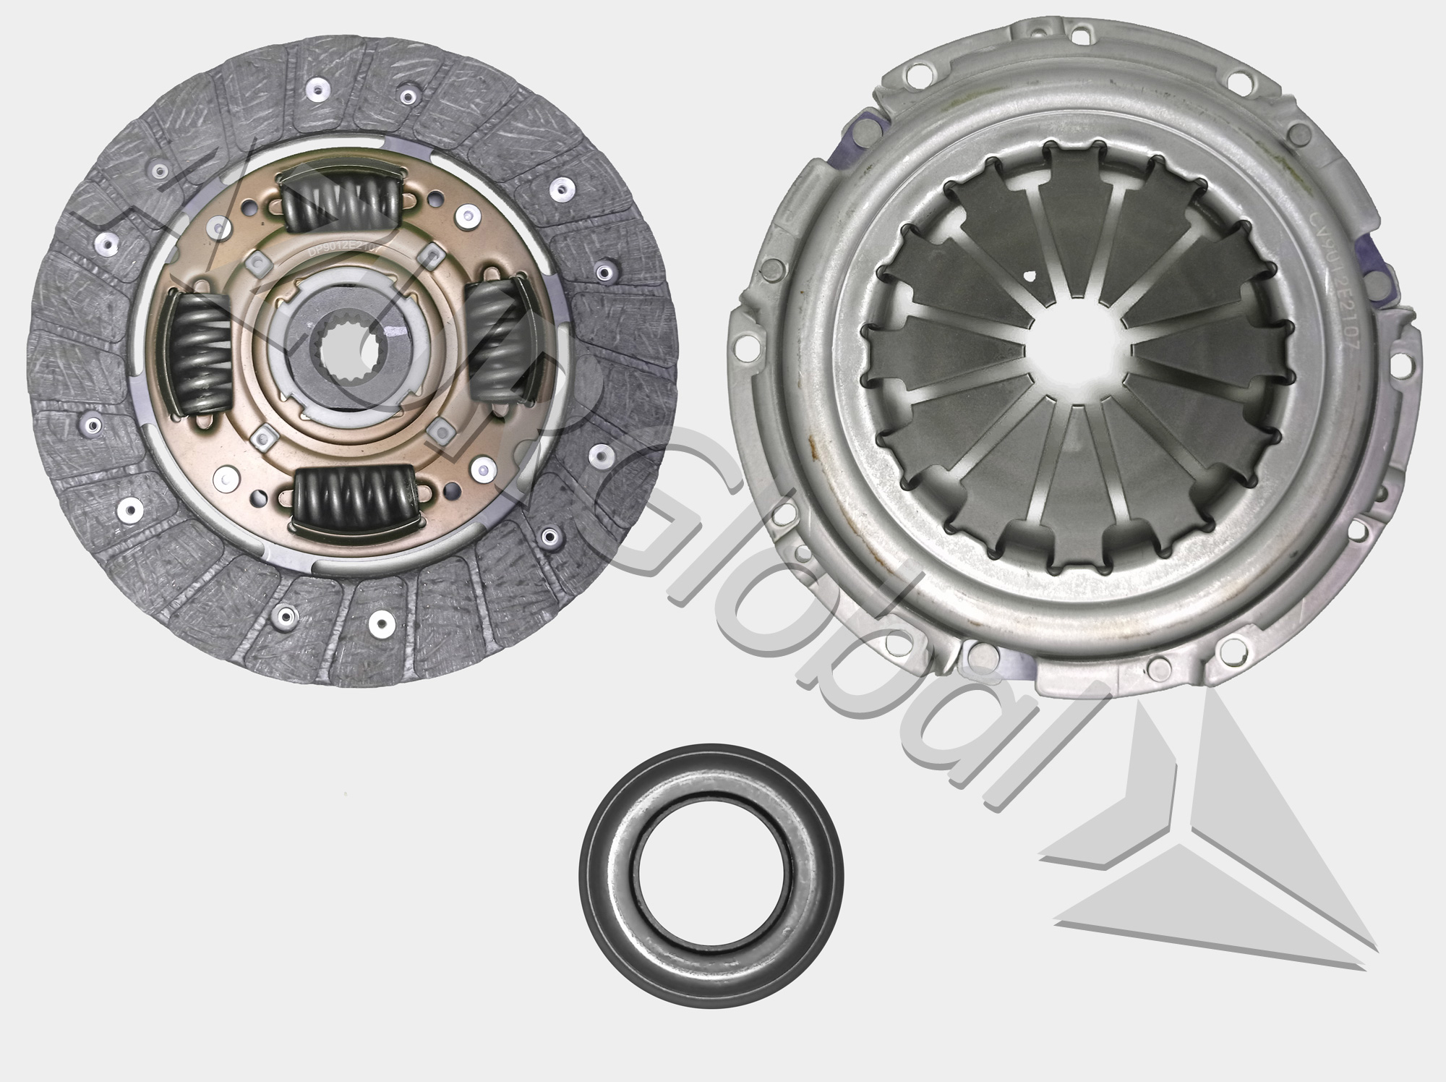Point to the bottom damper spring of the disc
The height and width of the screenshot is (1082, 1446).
pos(356,498)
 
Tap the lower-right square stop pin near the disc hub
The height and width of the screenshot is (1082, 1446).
pos(436,428)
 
